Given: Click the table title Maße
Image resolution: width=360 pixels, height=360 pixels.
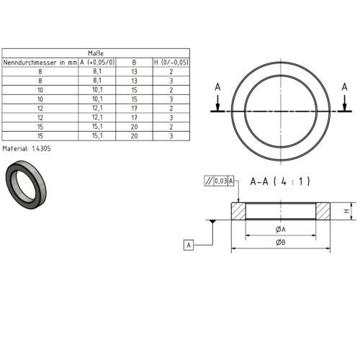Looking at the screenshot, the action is (96, 53).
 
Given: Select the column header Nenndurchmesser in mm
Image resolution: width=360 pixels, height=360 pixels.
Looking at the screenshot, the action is (40, 63).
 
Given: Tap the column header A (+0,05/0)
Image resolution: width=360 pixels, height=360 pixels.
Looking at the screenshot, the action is (97, 63).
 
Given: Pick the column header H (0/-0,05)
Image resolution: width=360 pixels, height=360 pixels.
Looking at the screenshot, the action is (171, 63).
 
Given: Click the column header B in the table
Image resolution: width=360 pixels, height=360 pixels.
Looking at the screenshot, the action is (134, 63).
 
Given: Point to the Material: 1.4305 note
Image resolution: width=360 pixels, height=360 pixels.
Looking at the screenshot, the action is (27, 148).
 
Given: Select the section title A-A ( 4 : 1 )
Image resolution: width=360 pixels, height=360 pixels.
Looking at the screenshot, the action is (280, 181).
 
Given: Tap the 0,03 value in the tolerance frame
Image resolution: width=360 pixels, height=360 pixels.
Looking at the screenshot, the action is (220, 181).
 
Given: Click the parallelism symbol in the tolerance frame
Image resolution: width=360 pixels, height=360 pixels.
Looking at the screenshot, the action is (209, 181).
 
